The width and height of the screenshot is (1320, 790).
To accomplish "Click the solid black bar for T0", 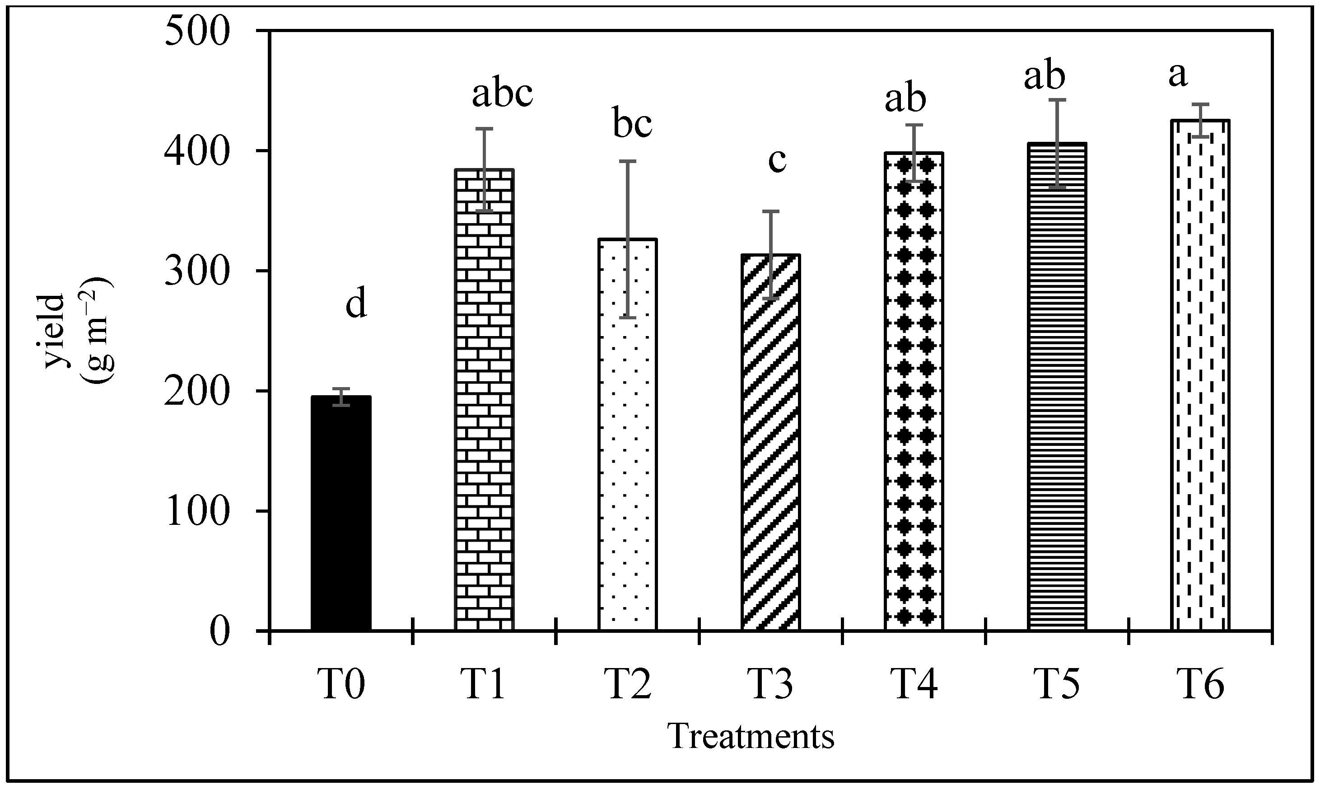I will (x=340, y=513).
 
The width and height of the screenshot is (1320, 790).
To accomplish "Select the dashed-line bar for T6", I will (x=1200, y=375).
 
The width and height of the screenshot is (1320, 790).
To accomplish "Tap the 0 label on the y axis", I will (x=219, y=632).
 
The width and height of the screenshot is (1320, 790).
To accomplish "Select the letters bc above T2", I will (x=632, y=123).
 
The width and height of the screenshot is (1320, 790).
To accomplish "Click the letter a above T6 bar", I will (x=1177, y=75).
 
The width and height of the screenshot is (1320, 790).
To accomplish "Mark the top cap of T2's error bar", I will (x=628, y=161).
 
